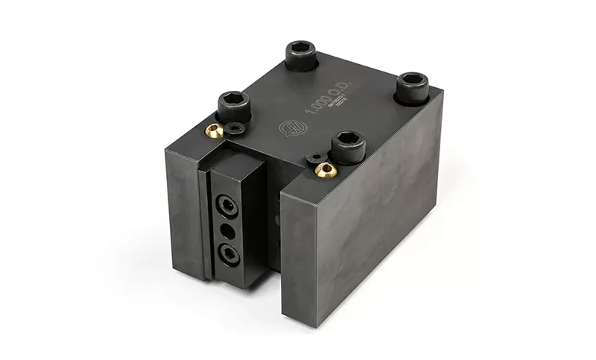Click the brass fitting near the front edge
[326, 171]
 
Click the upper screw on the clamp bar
[226, 204]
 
